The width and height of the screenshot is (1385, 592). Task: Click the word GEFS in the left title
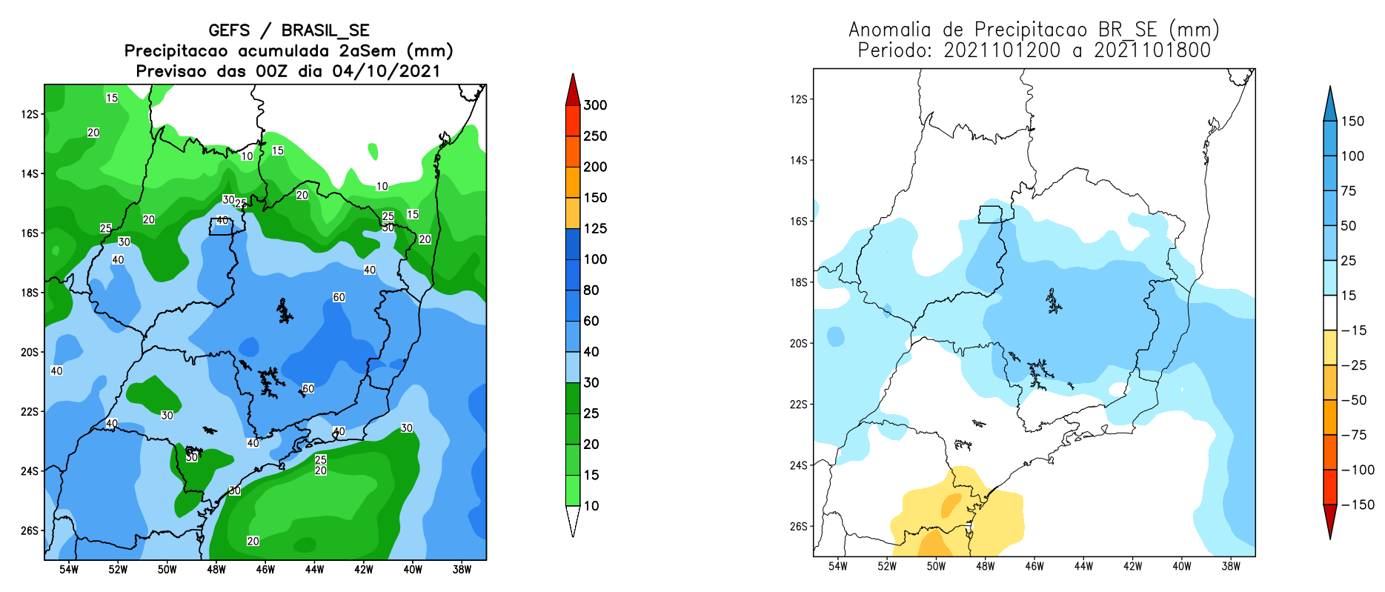click(229, 30)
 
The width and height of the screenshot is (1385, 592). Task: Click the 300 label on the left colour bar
click(595, 105)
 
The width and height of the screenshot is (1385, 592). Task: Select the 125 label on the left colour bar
click(595, 228)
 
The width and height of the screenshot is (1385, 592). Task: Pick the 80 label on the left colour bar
click(591, 290)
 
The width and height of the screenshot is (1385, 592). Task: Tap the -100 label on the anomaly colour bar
click(1358, 470)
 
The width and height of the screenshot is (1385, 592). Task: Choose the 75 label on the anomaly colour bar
click(1349, 191)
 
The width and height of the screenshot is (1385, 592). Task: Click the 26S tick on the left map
click(30, 531)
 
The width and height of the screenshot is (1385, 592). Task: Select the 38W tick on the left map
click(462, 570)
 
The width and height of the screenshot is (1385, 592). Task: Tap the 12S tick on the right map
click(798, 99)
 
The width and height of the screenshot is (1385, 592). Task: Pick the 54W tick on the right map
click(837, 567)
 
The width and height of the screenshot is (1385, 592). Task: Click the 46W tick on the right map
click(1034, 567)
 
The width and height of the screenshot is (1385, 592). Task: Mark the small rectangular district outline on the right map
click(990, 214)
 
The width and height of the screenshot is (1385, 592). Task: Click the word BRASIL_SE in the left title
click(325, 30)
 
